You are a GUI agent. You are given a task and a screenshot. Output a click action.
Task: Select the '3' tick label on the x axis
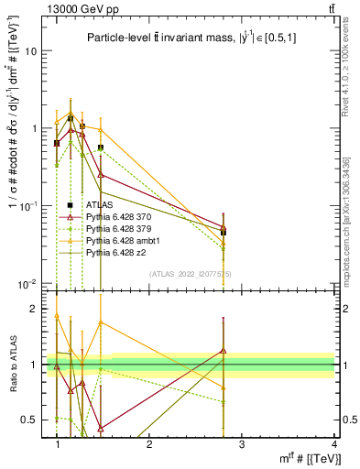[x=241, y=444]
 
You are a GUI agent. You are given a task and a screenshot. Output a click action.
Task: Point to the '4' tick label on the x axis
[x=334, y=444]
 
